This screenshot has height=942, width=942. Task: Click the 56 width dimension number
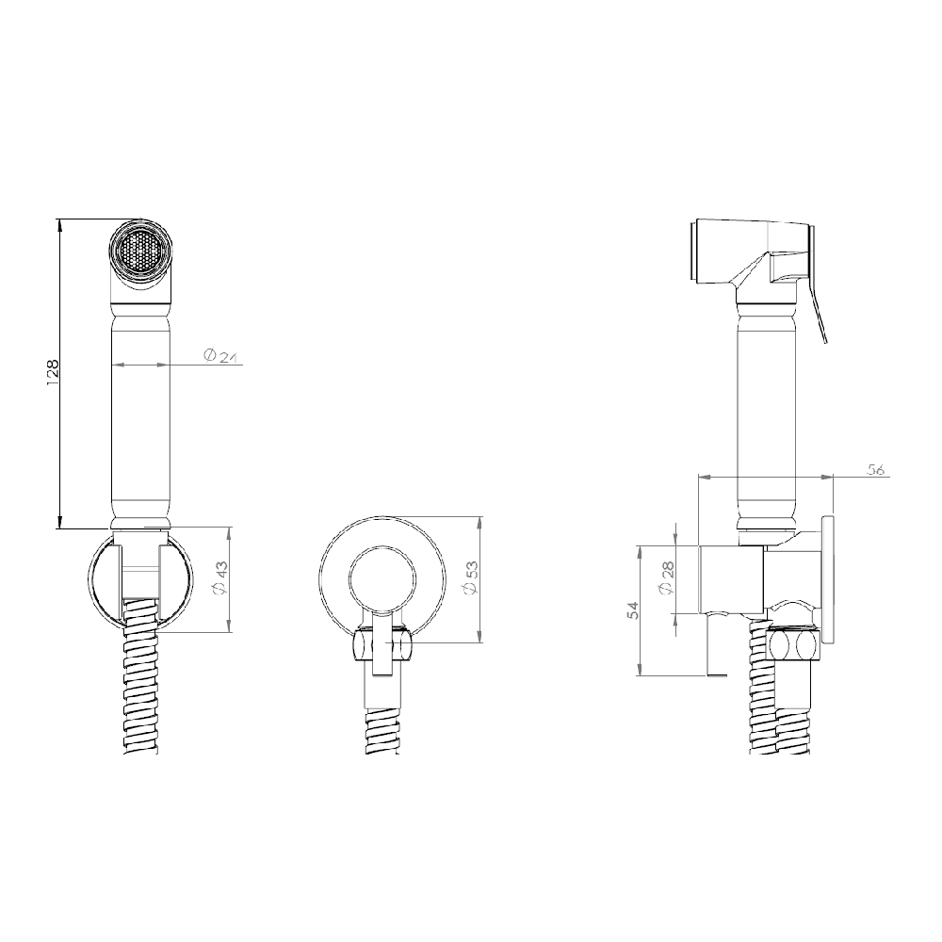[x=875, y=470]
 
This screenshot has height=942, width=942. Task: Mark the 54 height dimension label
[x=635, y=610]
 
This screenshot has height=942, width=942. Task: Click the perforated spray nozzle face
[x=140, y=252]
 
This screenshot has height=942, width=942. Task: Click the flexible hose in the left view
[x=140, y=697]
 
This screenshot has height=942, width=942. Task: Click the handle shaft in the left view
[x=140, y=414]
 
